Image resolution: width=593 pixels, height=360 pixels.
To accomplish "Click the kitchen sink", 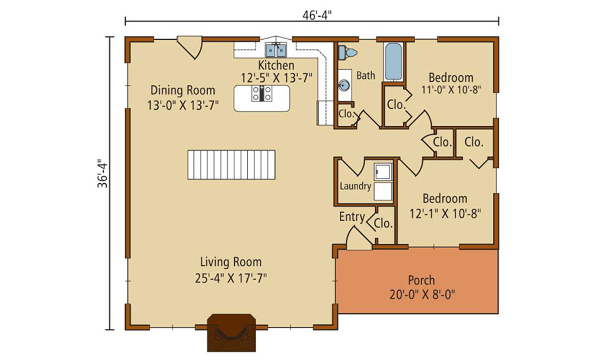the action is [276, 50].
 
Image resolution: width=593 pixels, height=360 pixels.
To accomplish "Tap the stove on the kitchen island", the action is [262, 93].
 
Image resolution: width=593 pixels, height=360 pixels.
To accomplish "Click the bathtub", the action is [393, 61].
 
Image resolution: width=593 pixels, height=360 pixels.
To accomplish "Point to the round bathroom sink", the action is [344, 85].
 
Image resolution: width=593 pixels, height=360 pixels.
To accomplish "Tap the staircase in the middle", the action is [231, 164].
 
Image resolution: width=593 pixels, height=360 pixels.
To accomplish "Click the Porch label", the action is [421, 280].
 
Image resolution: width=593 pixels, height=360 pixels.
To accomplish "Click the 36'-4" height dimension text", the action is [103, 173].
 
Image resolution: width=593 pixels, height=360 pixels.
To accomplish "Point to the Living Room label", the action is [231, 262].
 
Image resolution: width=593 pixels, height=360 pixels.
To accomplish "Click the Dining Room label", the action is [183, 90].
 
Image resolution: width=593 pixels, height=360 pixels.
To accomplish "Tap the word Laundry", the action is [355, 186].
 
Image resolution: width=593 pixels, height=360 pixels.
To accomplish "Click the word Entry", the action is [352, 216].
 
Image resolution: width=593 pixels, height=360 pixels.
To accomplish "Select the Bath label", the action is [366, 75].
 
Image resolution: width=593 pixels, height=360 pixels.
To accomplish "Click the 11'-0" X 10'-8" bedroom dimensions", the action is [451, 90].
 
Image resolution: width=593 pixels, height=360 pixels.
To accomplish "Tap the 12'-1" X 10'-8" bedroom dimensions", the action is [445, 214].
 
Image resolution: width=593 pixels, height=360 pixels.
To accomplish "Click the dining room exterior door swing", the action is [190, 47].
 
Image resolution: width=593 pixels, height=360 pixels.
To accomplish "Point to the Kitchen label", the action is [276, 65].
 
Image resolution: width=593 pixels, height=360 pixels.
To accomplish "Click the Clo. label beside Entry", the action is [383, 223].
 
